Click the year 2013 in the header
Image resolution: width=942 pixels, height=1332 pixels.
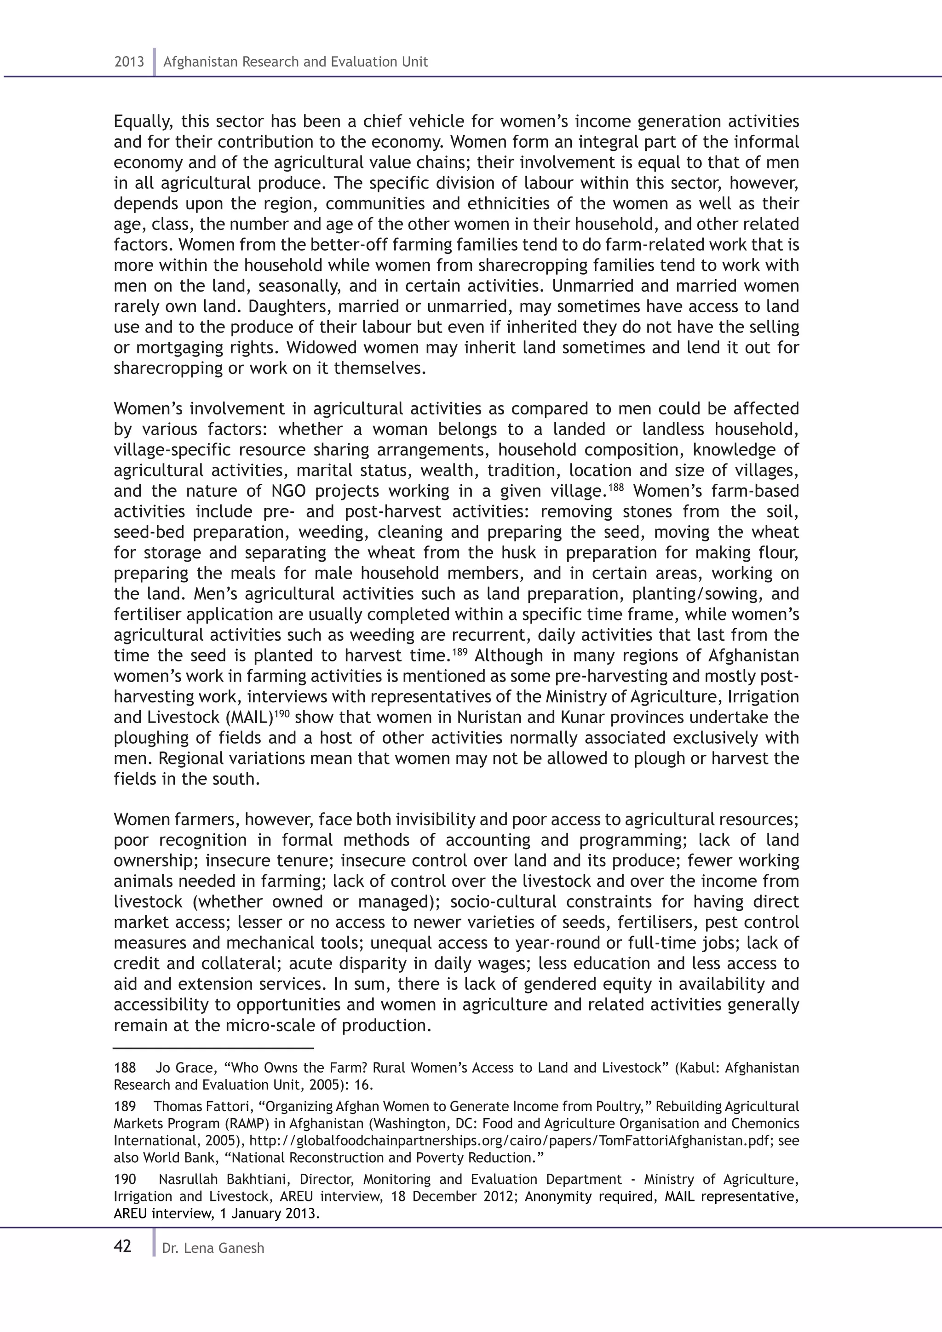coord(129,62)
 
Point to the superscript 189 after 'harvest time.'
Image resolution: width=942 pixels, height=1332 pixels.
coord(460,651)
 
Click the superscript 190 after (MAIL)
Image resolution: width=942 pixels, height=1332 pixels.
coord(281,713)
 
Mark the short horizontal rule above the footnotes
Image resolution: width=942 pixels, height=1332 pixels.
coord(213,1049)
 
